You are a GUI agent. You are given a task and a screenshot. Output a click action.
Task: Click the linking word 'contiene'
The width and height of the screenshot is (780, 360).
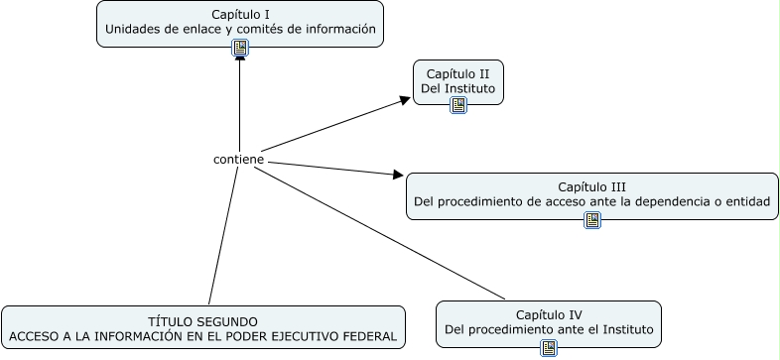(238, 159)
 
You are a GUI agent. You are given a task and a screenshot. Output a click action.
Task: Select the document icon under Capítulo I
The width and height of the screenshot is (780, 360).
(239, 48)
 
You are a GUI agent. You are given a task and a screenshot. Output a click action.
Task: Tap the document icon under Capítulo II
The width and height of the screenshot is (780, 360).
(457, 105)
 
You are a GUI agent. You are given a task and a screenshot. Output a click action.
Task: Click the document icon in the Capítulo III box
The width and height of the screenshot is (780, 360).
(592, 220)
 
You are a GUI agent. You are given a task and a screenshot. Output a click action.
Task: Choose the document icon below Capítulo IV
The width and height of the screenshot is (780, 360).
(548, 347)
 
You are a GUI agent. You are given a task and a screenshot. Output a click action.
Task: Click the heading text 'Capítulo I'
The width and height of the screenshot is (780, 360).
(240, 14)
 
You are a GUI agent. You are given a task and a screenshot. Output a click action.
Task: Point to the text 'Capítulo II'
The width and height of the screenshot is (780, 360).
(457, 73)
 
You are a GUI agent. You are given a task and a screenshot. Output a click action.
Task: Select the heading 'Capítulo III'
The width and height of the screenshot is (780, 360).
(591, 185)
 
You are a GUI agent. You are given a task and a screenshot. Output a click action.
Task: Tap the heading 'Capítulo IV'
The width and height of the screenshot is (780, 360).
(548, 313)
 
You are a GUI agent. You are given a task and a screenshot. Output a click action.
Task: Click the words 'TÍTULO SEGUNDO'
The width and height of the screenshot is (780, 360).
(203, 321)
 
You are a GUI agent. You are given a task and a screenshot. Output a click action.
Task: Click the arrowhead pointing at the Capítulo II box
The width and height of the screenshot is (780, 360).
(404, 99)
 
